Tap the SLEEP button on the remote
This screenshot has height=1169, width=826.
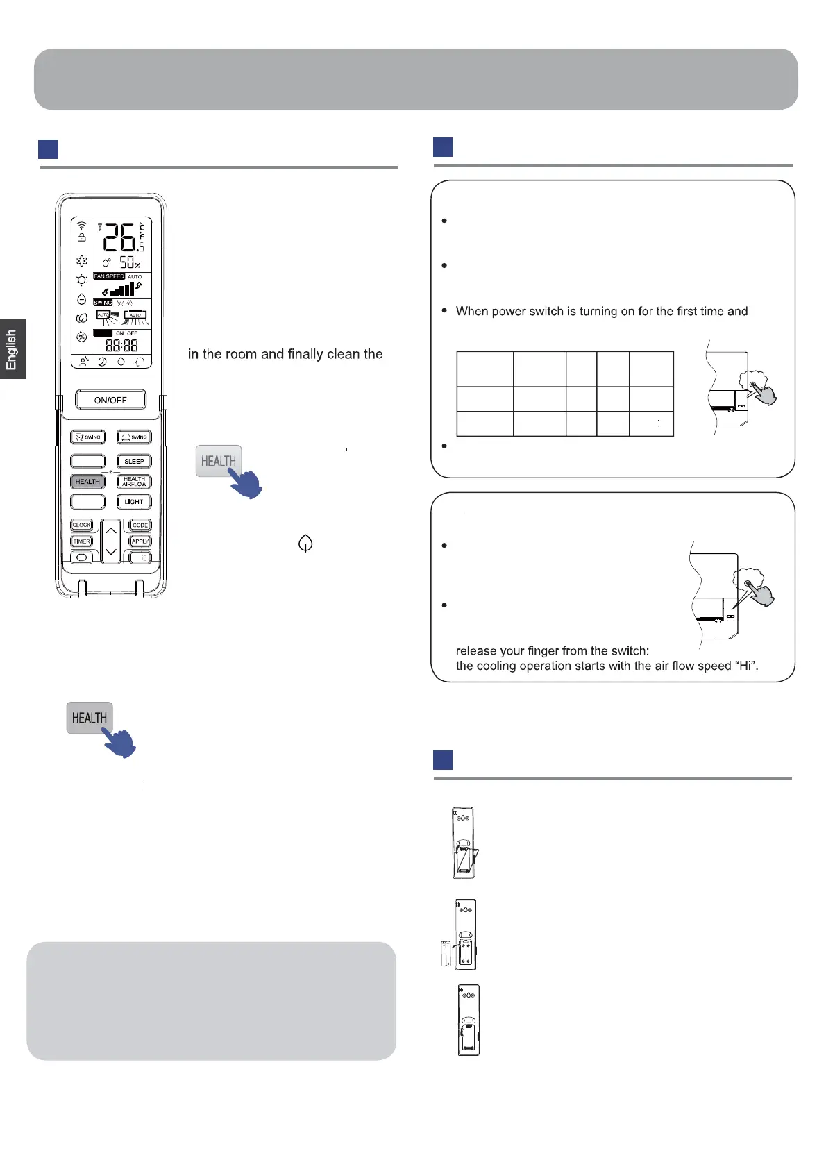click(x=134, y=461)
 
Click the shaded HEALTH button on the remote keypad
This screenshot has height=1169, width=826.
click(x=87, y=481)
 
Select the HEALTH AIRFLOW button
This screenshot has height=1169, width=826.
click(x=134, y=481)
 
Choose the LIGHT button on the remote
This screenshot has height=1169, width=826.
click(x=134, y=501)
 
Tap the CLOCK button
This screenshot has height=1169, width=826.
click(x=82, y=525)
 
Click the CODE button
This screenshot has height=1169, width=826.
click(x=140, y=525)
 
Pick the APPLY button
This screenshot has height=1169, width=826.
click(x=140, y=541)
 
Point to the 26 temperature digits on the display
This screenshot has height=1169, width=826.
click(x=119, y=237)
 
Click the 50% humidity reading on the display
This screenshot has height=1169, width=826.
click(x=129, y=262)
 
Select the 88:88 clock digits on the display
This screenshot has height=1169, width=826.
click(x=121, y=345)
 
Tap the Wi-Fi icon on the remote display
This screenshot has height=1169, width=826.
click(x=82, y=226)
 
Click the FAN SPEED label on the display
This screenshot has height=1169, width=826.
click(x=109, y=276)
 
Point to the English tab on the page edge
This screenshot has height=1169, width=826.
click(x=12, y=349)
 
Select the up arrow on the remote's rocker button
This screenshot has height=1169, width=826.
click(x=111, y=531)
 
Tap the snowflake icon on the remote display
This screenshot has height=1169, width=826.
click(x=82, y=261)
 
